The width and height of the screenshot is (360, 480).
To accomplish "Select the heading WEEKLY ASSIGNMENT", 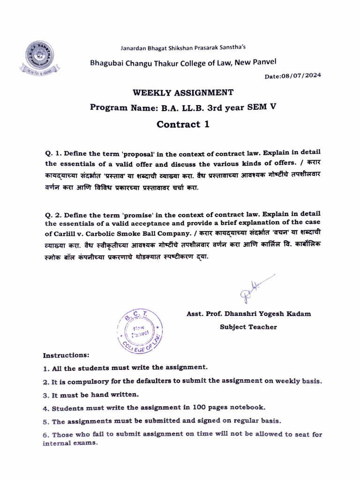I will tap(183, 92).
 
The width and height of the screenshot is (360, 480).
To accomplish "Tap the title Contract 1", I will tap(183, 124).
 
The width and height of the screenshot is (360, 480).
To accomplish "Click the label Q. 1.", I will tap(53, 153).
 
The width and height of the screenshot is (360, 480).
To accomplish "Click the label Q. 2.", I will tap(53, 214).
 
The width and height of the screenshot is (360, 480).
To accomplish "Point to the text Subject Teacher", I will tap(248, 327).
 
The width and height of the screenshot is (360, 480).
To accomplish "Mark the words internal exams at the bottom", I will tap(70, 443).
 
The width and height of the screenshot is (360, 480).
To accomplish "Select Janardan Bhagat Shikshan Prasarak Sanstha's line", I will tap(183, 47).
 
